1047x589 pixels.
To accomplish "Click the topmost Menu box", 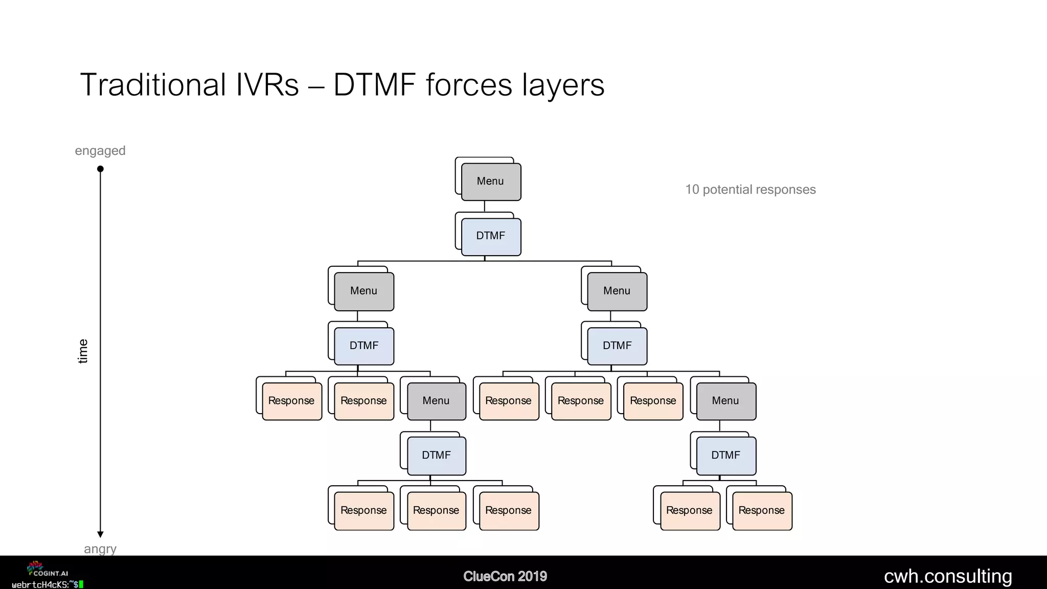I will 491,182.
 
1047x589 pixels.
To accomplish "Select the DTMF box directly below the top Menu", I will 491,236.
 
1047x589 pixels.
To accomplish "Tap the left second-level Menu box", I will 364,291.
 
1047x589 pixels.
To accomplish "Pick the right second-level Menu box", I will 617,291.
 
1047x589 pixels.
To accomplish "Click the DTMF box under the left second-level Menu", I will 364,346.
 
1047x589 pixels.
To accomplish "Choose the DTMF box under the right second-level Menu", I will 617,346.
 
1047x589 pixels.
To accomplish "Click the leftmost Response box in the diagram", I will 291,401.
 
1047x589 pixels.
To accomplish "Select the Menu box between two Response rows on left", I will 436,401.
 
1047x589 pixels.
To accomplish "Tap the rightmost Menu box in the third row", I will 725,401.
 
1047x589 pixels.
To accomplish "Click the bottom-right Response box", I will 762,510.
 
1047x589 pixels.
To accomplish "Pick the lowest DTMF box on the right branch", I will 725,455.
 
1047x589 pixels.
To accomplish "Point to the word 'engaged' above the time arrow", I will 100,151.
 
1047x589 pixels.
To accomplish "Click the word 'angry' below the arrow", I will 100,549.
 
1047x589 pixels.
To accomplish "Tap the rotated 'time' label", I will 83,351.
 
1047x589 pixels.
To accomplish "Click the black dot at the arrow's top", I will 100,169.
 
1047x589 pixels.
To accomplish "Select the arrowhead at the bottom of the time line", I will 100,534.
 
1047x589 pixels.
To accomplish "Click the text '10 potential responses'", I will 750,190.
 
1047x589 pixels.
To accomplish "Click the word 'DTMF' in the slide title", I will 374,85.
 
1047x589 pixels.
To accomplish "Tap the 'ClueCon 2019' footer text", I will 505,576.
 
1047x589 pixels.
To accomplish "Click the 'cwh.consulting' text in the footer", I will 948,576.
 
